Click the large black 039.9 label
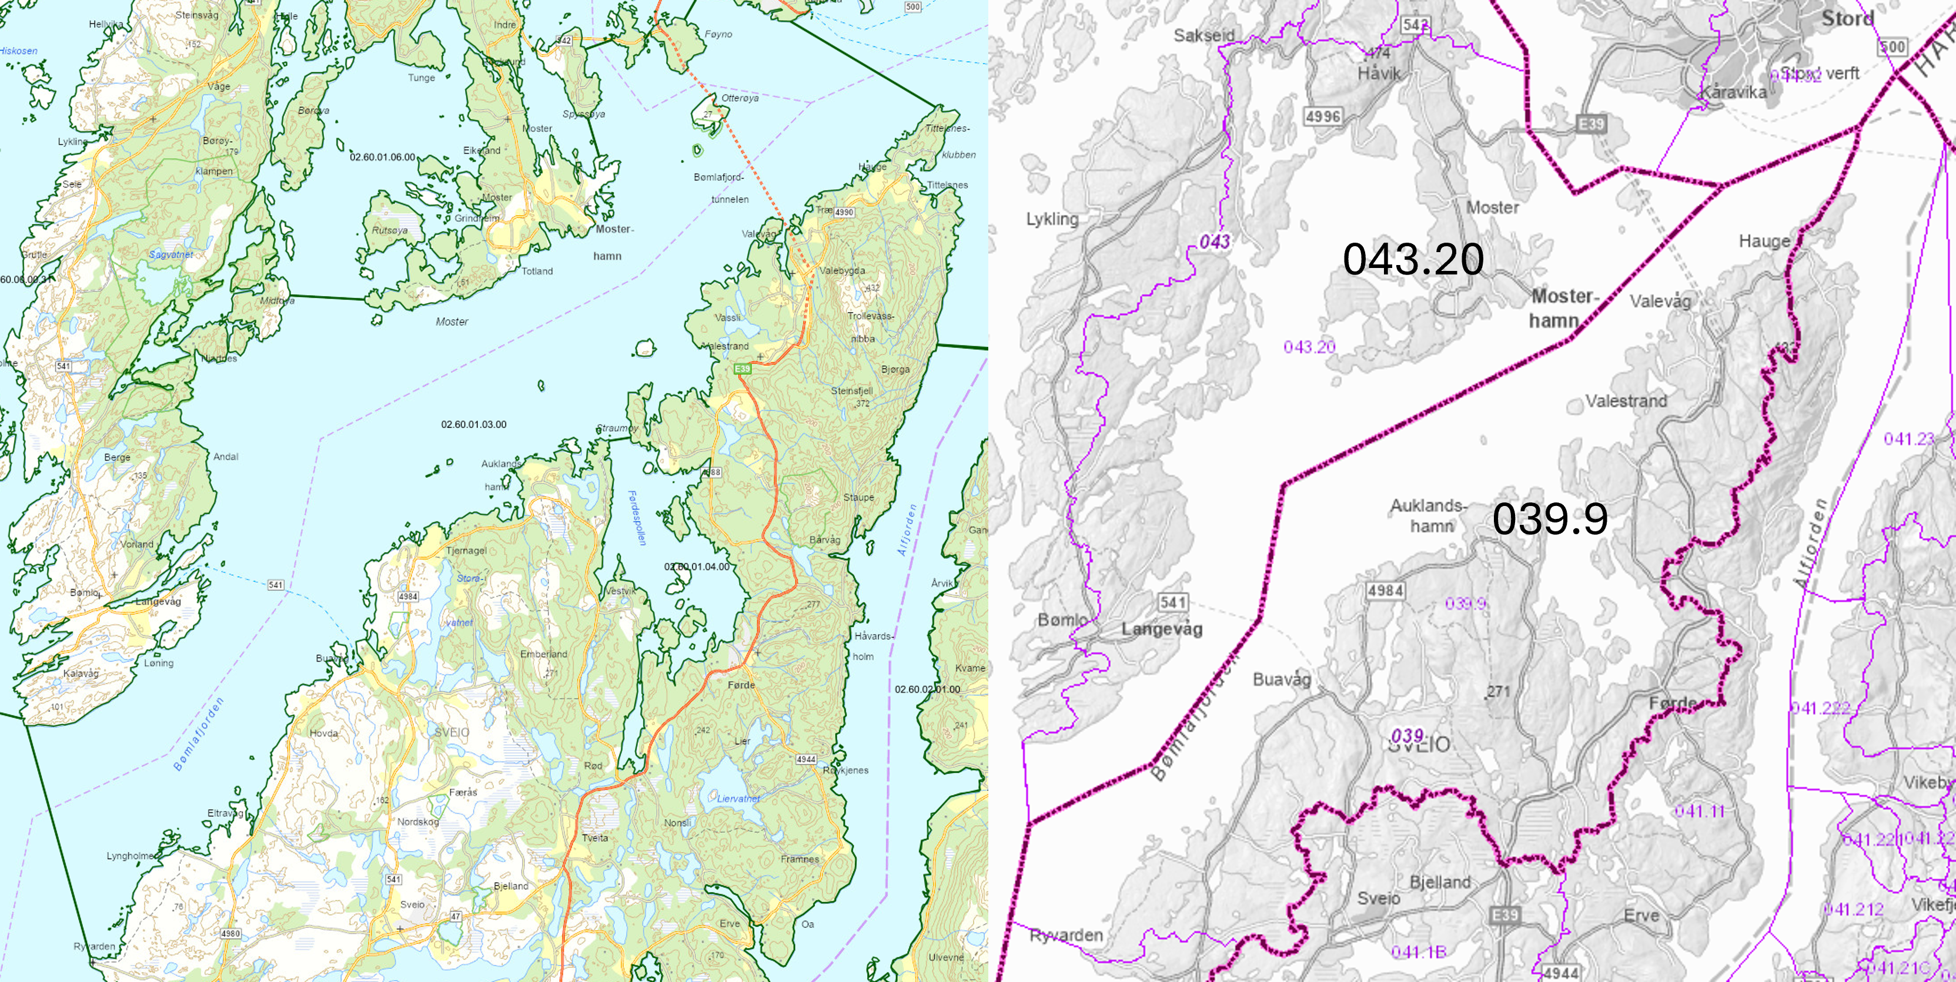pyautogui.click(x=1549, y=519)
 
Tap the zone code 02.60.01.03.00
pyautogui.click(x=473, y=424)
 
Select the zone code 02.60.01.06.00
pyautogui.click(x=382, y=157)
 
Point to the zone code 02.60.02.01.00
pyautogui.click(x=927, y=689)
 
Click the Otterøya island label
pyautogui.click(x=740, y=98)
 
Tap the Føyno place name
pyautogui.click(x=718, y=34)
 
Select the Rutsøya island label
pyautogui.click(x=390, y=230)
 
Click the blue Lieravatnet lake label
pyautogui.click(x=737, y=798)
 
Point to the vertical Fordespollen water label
pyautogui.click(x=636, y=518)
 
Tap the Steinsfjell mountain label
pyautogui.click(x=851, y=391)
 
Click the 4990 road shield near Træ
pyautogui.click(x=844, y=213)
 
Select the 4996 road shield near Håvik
pyautogui.click(x=1323, y=116)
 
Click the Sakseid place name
pyautogui.click(x=1203, y=35)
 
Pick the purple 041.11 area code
pyautogui.click(x=1699, y=811)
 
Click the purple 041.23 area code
pyautogui.click(x=1909, y=438)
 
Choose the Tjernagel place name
pyautogui.click(x=466, y=550)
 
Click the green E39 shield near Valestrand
pyautogui.click(x=742, y=369)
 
